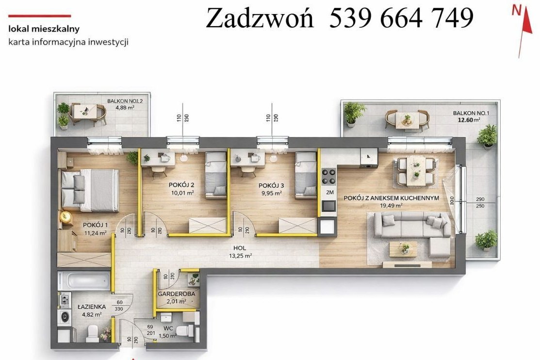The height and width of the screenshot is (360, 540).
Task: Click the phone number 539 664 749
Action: click(401, 19)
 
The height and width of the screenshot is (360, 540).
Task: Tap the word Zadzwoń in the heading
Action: click(260, 19)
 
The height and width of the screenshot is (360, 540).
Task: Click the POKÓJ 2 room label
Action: click(182, 185)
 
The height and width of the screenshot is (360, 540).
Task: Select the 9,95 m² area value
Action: click(271, 193)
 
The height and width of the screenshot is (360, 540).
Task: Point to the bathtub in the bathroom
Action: click(84, 280)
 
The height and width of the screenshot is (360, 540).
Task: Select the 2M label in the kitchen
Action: click(330, 193)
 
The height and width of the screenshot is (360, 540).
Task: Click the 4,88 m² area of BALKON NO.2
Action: click(124, 108)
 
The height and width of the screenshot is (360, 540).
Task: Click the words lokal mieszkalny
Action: click(44, 29)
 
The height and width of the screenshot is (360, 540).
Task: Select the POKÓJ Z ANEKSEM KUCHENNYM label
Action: click(392, 198)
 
